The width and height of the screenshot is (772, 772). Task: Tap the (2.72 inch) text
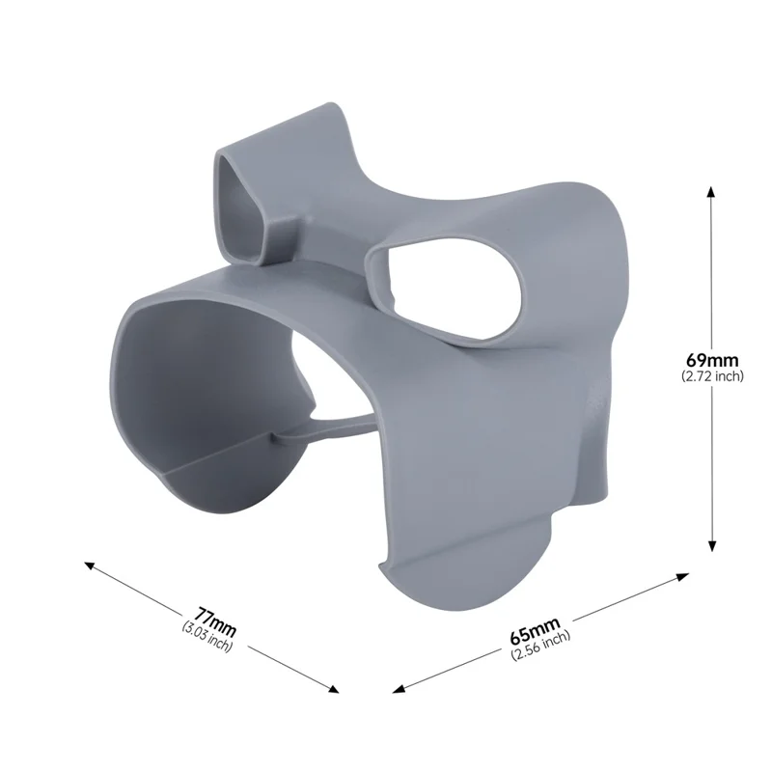[712, 376]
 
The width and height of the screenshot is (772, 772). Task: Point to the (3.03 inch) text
[207, 636]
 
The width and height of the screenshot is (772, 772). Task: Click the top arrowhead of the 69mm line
[712, 191]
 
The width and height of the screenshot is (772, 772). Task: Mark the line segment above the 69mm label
[712, 270]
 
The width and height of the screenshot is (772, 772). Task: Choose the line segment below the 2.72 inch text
[712, 463]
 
